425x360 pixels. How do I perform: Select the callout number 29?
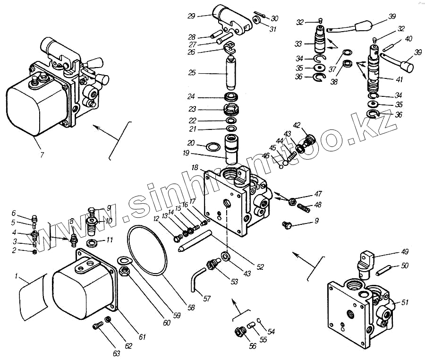coord(191,16)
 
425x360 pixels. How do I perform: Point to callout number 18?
coord(195,168)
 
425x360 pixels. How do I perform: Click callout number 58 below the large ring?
coord(191,307)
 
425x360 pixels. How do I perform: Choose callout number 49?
coord(405,251)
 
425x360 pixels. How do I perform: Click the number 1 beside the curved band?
coord(17,275)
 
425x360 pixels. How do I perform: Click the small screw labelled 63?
coord(98,325)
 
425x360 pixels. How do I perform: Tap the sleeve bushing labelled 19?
coord(231,148)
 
